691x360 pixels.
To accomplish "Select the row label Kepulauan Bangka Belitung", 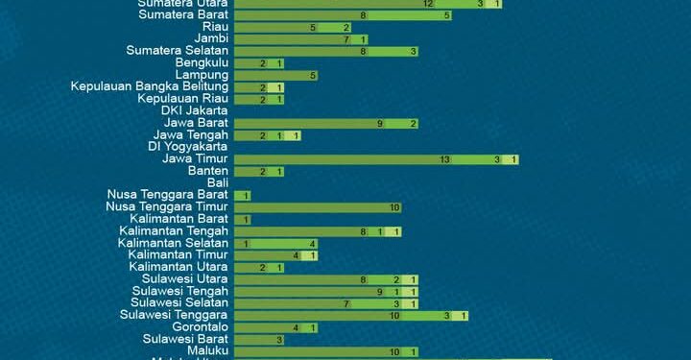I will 149,87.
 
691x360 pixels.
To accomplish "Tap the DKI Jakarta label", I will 195,111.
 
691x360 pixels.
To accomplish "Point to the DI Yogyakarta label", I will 188,147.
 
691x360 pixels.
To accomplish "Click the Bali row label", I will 218,182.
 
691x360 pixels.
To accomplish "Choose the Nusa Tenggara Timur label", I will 167,206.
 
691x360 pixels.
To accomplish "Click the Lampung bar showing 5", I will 275,75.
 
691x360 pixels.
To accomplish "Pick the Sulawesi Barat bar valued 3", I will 259,339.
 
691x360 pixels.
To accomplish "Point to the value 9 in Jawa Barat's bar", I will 380,123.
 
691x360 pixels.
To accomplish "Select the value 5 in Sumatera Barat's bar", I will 448,15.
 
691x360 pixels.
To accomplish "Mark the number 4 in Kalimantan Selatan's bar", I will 313,243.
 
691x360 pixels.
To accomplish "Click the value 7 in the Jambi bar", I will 345,39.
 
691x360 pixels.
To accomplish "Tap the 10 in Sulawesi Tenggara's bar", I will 394,315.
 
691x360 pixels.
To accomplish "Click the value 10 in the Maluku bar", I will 393,351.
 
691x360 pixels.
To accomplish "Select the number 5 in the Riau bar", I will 313,27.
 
